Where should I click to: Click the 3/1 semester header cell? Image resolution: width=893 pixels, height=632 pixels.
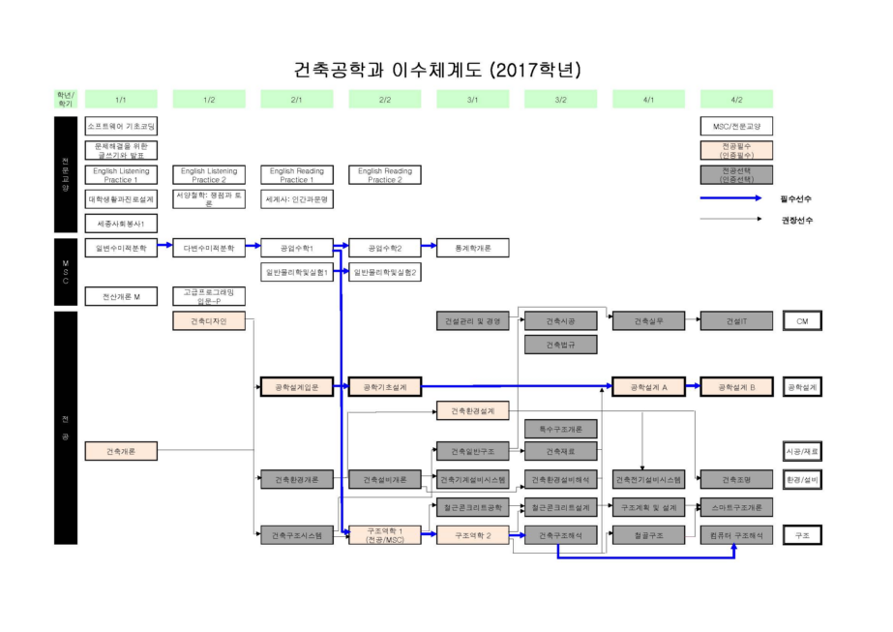[473, 99]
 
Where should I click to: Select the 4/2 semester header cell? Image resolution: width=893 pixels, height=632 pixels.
[736, 99]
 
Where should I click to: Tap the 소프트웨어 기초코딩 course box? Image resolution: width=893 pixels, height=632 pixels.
[121, 126]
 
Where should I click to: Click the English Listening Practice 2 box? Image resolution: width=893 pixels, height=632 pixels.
[209, 175]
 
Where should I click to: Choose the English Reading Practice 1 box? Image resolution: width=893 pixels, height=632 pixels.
[296, 175]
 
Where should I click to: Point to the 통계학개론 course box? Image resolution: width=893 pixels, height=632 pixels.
[473, 248]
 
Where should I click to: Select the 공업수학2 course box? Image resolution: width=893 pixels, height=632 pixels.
[384, 248]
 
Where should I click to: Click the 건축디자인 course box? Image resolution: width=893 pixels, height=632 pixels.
[209, 321]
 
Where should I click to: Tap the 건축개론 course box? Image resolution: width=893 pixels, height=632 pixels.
[121, 450]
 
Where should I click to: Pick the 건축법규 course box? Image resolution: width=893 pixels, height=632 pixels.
[560, 345]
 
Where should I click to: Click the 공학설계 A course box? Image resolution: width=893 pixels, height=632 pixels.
[648, 387]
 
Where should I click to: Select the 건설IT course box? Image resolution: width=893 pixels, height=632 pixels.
[736, 321]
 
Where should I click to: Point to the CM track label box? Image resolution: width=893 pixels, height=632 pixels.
[801, 321]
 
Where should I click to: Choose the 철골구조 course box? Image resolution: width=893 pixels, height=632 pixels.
[648, 534]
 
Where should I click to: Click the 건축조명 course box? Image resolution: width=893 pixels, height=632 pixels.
[736, 478]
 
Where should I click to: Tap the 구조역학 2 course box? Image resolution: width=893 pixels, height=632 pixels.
[473, 534]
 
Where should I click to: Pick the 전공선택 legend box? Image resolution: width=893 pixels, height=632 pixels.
[736, 175]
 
